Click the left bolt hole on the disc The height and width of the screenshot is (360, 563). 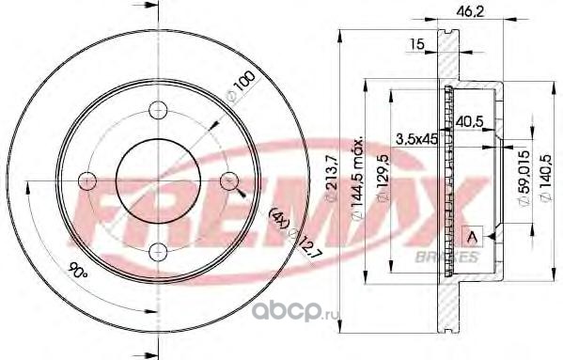pos(87,180)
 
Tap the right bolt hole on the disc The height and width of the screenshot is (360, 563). pos(229,180)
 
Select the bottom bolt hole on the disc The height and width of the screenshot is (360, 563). pos(158,252)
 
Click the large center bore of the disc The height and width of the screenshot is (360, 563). pos(158,180)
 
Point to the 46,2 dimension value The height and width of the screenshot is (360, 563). pos(470,12)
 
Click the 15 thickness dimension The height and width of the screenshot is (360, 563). pos(417,44)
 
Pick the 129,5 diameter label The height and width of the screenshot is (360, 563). pos(383,179)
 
